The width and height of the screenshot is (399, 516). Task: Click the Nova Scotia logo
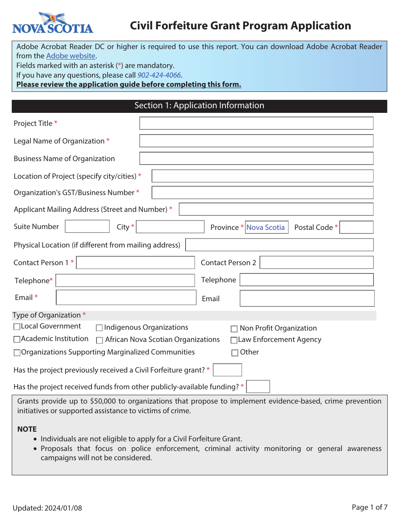(52, 23)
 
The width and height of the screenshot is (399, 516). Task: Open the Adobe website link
(71, 56)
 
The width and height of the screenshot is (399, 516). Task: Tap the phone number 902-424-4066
(159, 75)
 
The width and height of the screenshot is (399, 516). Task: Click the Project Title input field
(256, 123)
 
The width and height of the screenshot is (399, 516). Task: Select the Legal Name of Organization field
(256, 141)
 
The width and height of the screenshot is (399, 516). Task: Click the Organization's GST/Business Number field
(262, 193)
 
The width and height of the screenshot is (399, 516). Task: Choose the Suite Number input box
(87, 227)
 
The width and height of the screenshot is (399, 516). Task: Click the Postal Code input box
(356, 227)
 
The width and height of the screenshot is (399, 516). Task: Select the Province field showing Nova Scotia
(266, 227)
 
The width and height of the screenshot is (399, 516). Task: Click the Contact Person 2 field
(316, 263)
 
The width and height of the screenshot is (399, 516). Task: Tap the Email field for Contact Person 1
(126, 297)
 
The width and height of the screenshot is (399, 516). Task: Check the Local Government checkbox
(17, 326)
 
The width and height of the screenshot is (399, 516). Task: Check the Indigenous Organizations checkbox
(100, 328)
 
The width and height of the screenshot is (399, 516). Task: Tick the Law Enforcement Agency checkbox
(234, 340)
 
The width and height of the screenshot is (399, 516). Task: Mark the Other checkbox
(235, 353)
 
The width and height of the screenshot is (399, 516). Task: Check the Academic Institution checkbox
(17, 339)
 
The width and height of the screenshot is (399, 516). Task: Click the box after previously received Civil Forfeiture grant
(227, 370)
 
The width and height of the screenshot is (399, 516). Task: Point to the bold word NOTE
(27, 429)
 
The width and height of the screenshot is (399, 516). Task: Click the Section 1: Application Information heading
(199, 106)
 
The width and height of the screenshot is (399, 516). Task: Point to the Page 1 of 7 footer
(369, 507)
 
